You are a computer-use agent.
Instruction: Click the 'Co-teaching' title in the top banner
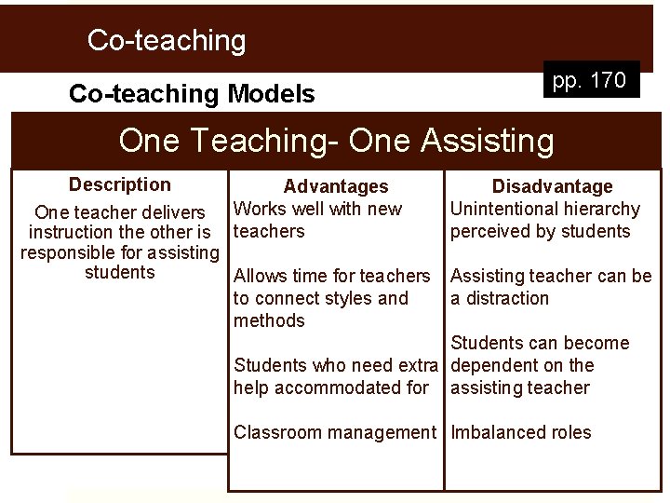(x=167, y=40)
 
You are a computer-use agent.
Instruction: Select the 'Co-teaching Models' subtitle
(x=192, y=94)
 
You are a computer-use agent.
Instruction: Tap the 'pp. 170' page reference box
(x=589, y=81)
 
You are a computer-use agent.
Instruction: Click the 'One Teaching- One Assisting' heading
(x=336, y=142)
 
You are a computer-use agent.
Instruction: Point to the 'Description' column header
(x=120, y=184)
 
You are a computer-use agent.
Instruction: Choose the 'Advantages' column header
(x=336, y=187)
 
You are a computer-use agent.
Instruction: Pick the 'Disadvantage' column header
(x=552, y=187)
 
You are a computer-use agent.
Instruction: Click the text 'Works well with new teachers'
(x=317, y=220)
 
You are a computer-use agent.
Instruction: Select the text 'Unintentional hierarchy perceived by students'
(x=545, y=220)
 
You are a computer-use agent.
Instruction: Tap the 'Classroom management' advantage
(x=335, y=432)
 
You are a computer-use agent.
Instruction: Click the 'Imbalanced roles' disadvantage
(x=521, y=432)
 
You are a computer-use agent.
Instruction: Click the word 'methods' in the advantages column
(x=269, y=320)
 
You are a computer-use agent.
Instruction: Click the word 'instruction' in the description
(x=77, y=231)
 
